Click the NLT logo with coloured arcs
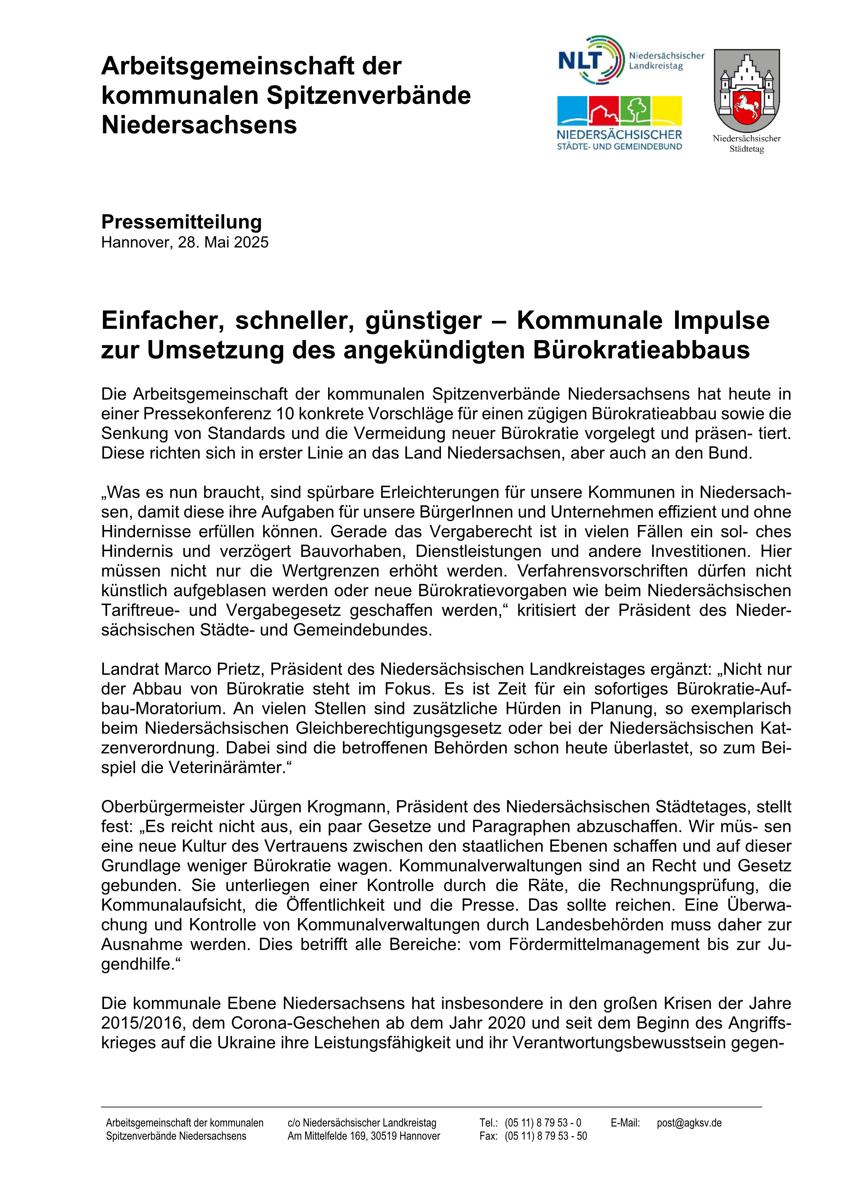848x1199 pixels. pyautogui.click(x=591, y=60)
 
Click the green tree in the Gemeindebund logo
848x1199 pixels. pyautogui.click(x=635, y=110)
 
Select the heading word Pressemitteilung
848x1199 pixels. pyautogui.click(x=181, y=222)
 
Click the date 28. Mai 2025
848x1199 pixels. pyautogui.click(x=223, y=242)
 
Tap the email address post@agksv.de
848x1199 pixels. pyautogui.click(x=689, y=1123)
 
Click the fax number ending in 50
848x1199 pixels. pyautogui.click(x=546, y=1136)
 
